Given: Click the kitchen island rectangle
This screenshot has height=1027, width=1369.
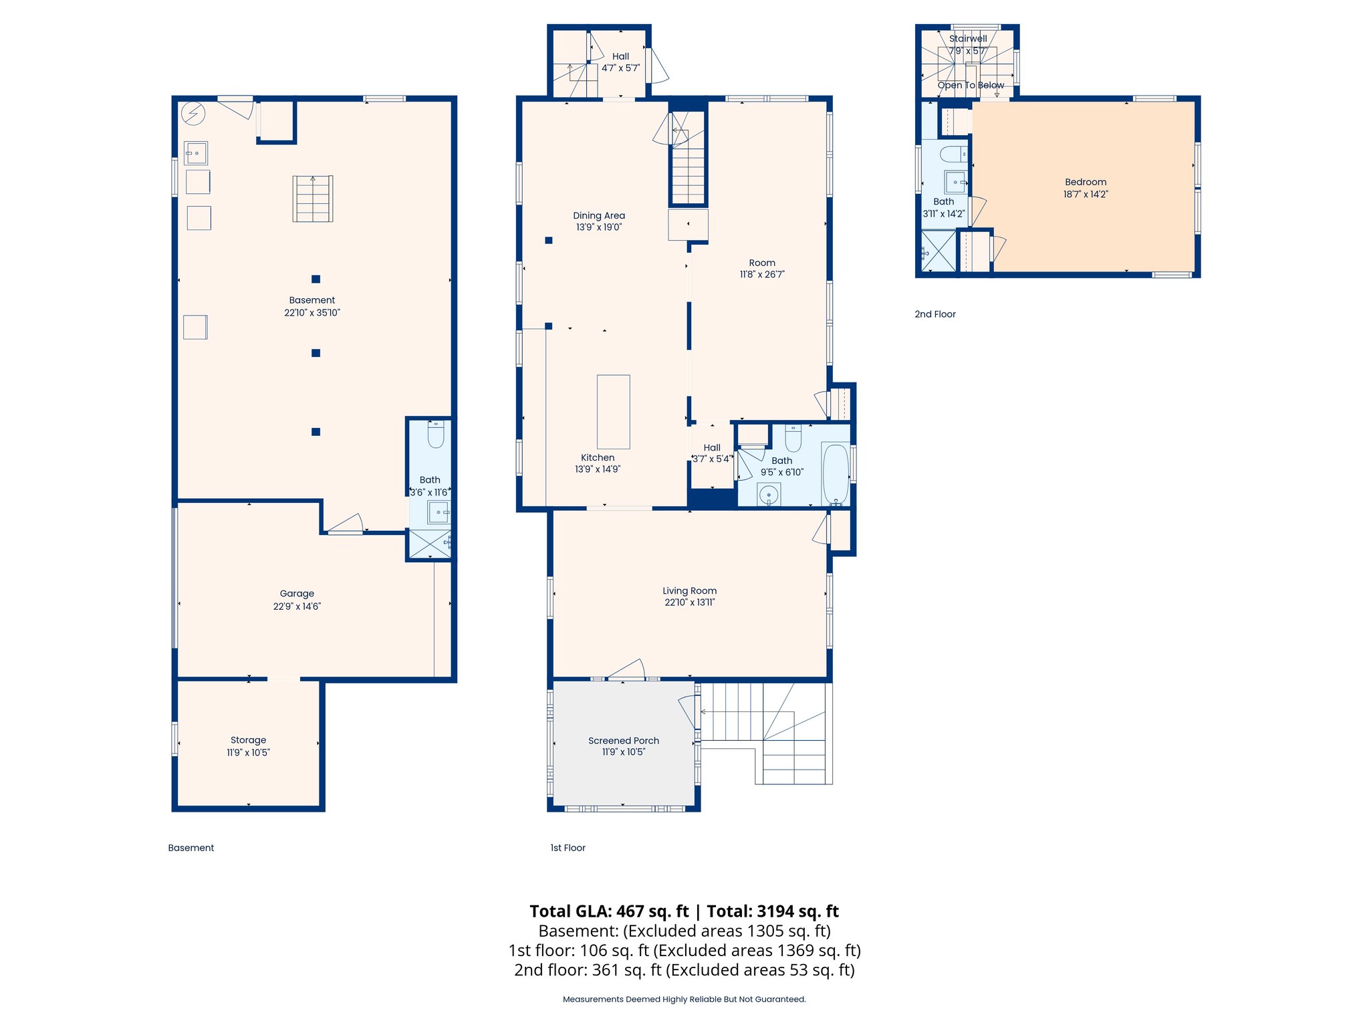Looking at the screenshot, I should (613, 411).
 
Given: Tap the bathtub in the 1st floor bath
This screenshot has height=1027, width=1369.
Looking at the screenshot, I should (836, 473).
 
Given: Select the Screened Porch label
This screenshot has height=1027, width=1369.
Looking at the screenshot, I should (623, 740).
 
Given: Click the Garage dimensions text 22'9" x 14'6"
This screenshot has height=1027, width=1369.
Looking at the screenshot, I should (297, 606).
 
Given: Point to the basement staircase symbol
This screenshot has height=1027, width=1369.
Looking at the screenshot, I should (313, 199).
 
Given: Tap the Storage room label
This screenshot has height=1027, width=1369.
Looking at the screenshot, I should (248, 739).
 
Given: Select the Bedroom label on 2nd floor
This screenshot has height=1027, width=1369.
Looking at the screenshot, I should (1085, 182).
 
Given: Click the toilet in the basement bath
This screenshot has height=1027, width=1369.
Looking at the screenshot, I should (436, 435).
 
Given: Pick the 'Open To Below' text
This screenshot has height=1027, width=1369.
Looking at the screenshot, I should (970, 85).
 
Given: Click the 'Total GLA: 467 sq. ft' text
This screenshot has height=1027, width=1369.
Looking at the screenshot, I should (608, 911).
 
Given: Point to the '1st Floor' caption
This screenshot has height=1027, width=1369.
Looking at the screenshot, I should (568, 847).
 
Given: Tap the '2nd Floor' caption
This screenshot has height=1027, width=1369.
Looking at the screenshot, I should (935, 314).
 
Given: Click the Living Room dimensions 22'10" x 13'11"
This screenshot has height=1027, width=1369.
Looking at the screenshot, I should (689, 602).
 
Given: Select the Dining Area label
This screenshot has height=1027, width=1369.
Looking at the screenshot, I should (598, 215).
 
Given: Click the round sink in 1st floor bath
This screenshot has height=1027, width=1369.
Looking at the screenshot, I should (769, 495).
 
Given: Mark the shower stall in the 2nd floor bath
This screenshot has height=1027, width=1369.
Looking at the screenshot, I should (939, 251).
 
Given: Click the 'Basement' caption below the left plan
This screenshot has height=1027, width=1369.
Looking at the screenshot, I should (191, 847).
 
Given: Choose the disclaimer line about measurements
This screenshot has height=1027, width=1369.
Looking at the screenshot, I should (684, 999).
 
